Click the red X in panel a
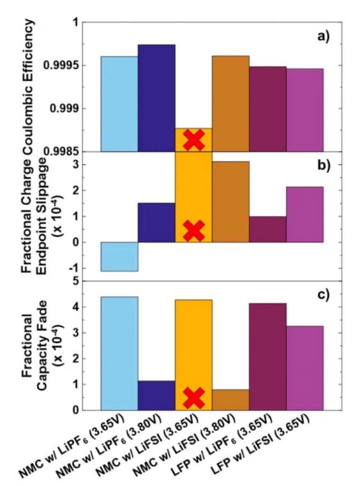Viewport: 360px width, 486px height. (x=193, y=140)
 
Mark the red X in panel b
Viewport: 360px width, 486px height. (x=193, y=230)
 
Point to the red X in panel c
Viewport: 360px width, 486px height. (x=193, y=398)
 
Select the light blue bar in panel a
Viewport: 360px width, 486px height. (x=119, y=103)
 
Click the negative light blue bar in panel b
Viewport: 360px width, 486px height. (x=119, y=256)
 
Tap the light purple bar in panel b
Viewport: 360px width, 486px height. (x=305, y=214)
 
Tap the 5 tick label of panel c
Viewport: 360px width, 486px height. (x=74, y=281)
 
